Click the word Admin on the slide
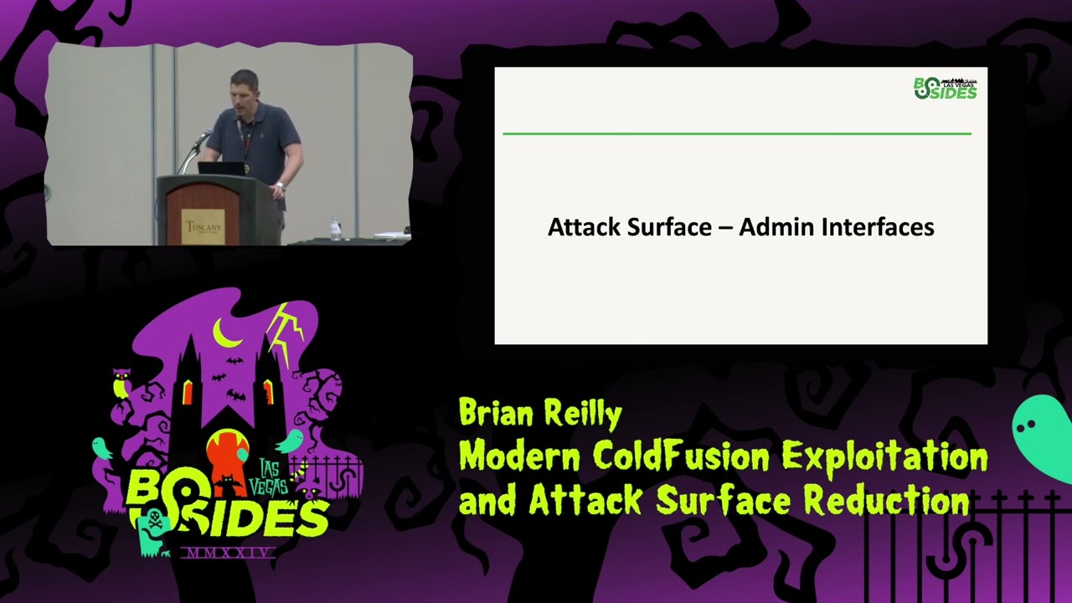(767, 227)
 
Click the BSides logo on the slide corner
(945, 87)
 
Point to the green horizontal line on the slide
(736, 133)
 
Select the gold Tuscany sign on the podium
(204, 225)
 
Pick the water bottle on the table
(335, 228)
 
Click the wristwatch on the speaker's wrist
(280, 186)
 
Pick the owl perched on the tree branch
(121, 384)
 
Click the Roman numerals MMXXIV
(227, 553)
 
